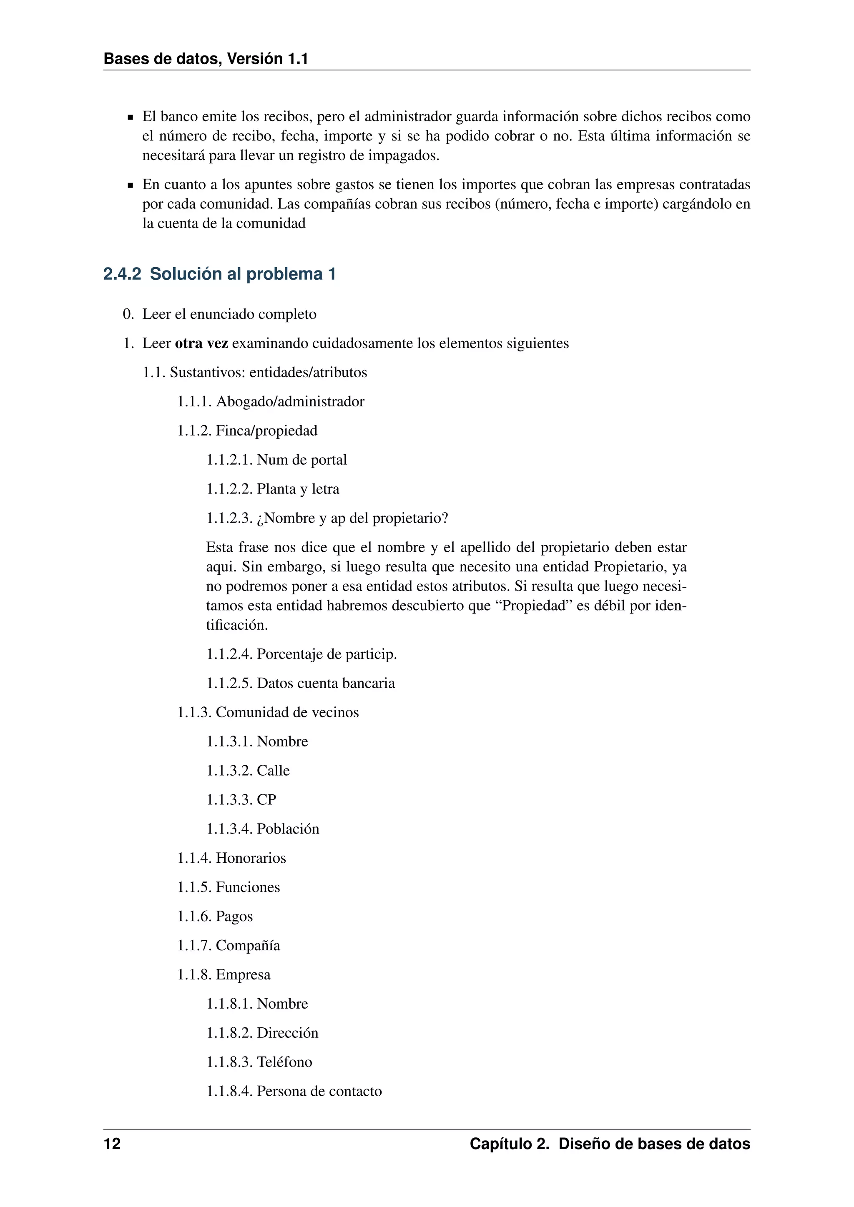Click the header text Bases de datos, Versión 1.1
pyautogui.click(x=206, y=59)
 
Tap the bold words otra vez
pyautogui.click(x=201, y=344)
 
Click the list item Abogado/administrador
pyautogui.click(x=290, y=402)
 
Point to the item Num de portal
pyautogui.click(x=301, y=460)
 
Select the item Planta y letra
pyautogui.click(x=298, y=489)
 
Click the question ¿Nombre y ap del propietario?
pyautogui.click(x=352, y=518)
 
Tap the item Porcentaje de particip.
pyautogui.click(x=327, y=654)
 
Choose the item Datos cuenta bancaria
pyautogui.click(x=326, y=684)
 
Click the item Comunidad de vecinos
pyautogui.click(x=287, y=712)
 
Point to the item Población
pyautogui.click(x=288, y=829)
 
